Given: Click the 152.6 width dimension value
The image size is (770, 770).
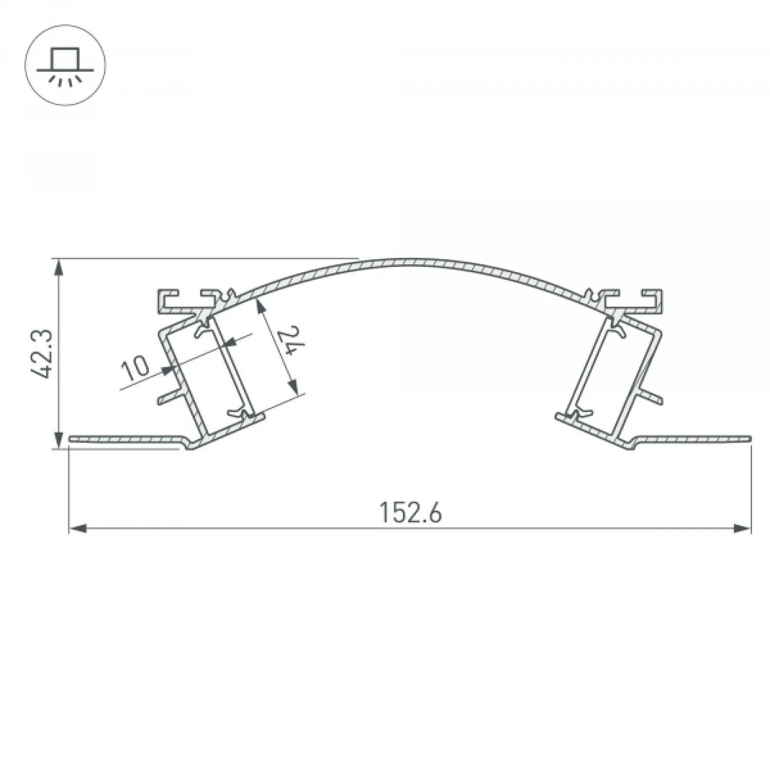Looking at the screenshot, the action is (410, 512).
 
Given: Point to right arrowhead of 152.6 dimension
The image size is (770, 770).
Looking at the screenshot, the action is (742, 528).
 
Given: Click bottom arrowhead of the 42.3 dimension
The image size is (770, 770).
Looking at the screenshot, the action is (60, 439).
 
